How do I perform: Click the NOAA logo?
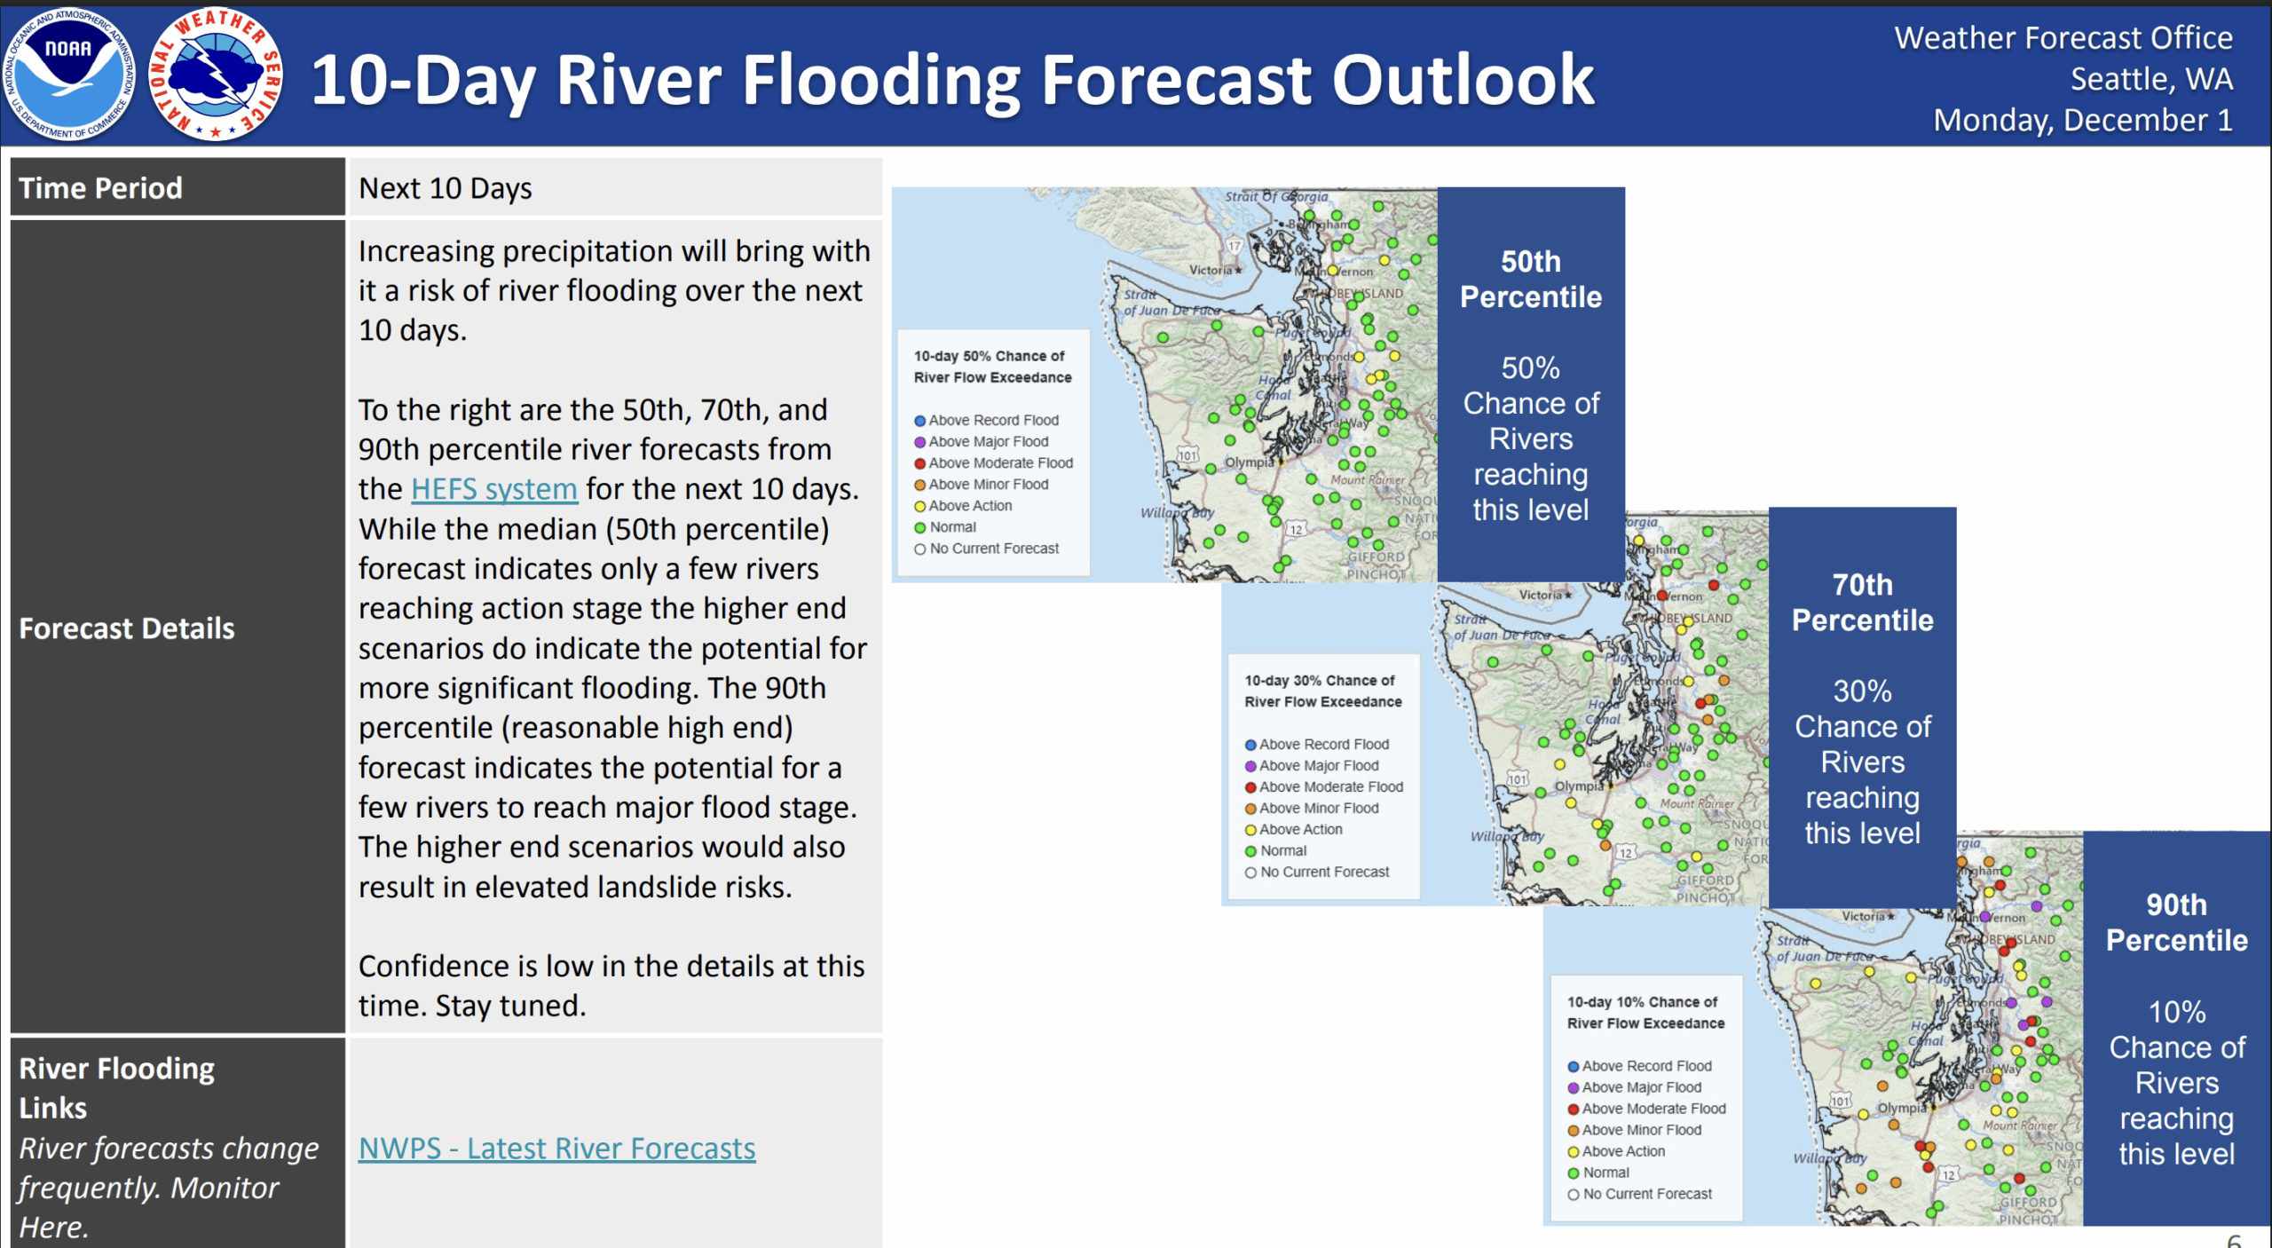pos(69,75)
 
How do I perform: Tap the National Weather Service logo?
pos(216,75)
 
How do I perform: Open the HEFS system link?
pos(493,489)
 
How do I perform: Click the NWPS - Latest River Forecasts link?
pos(556,1149)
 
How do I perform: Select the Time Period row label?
pos(100,188)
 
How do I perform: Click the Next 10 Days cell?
pos(445,188)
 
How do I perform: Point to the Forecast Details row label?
pos(127,628)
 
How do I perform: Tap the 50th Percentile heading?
pos(1531,279)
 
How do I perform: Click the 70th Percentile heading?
pos(1862,602)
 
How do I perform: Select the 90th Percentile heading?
pos(2176,922)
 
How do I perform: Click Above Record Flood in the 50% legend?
pos(992,421)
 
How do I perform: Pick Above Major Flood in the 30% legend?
pos(1318,766)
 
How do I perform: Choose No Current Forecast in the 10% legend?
pos(1646,1194)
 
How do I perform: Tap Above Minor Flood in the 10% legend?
pos(1641,1130)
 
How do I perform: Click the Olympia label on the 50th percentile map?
pos(1249,462)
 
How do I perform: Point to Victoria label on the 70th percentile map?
pos(1540,595)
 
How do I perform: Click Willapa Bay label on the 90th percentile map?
pos(1829,1157)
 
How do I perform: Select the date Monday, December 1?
pos(2082,120)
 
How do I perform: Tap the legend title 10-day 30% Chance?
pos(1319,681)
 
